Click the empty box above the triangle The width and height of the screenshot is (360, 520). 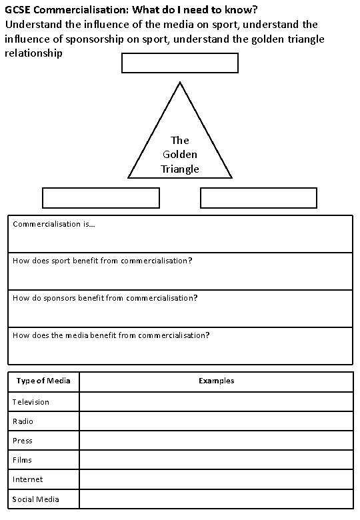(x=180, y=63)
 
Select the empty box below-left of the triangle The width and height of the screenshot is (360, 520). (x=101, y=198)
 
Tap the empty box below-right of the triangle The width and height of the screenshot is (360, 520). (x=259, y=198)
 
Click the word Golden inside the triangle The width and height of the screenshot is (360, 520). (x=180, y=155)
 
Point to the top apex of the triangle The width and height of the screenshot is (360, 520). (x=180, y=83)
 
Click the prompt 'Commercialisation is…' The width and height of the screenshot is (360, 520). (x=54, y=225)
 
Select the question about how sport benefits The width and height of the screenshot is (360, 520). (x=102, y=261)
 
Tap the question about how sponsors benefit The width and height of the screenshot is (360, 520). (x=105, y=298)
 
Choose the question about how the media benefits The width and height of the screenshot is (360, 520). (x=111, y=335)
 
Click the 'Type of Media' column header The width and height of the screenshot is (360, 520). (x=43, y=381)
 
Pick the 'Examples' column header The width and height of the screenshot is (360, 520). (x=216, y=381)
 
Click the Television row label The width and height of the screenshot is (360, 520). (x=31, y=402)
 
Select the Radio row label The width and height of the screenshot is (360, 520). (x=23, y=421)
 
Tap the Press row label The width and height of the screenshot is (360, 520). (x=22, y=441)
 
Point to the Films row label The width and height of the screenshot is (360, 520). (x=22, y=460)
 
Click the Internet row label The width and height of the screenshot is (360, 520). (x=27, y=479)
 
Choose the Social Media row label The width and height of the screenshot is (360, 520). (x=36, y=499)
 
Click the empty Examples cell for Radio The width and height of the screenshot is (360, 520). (x=216, y=421)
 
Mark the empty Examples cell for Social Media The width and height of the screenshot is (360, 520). (x=216, y=499)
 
